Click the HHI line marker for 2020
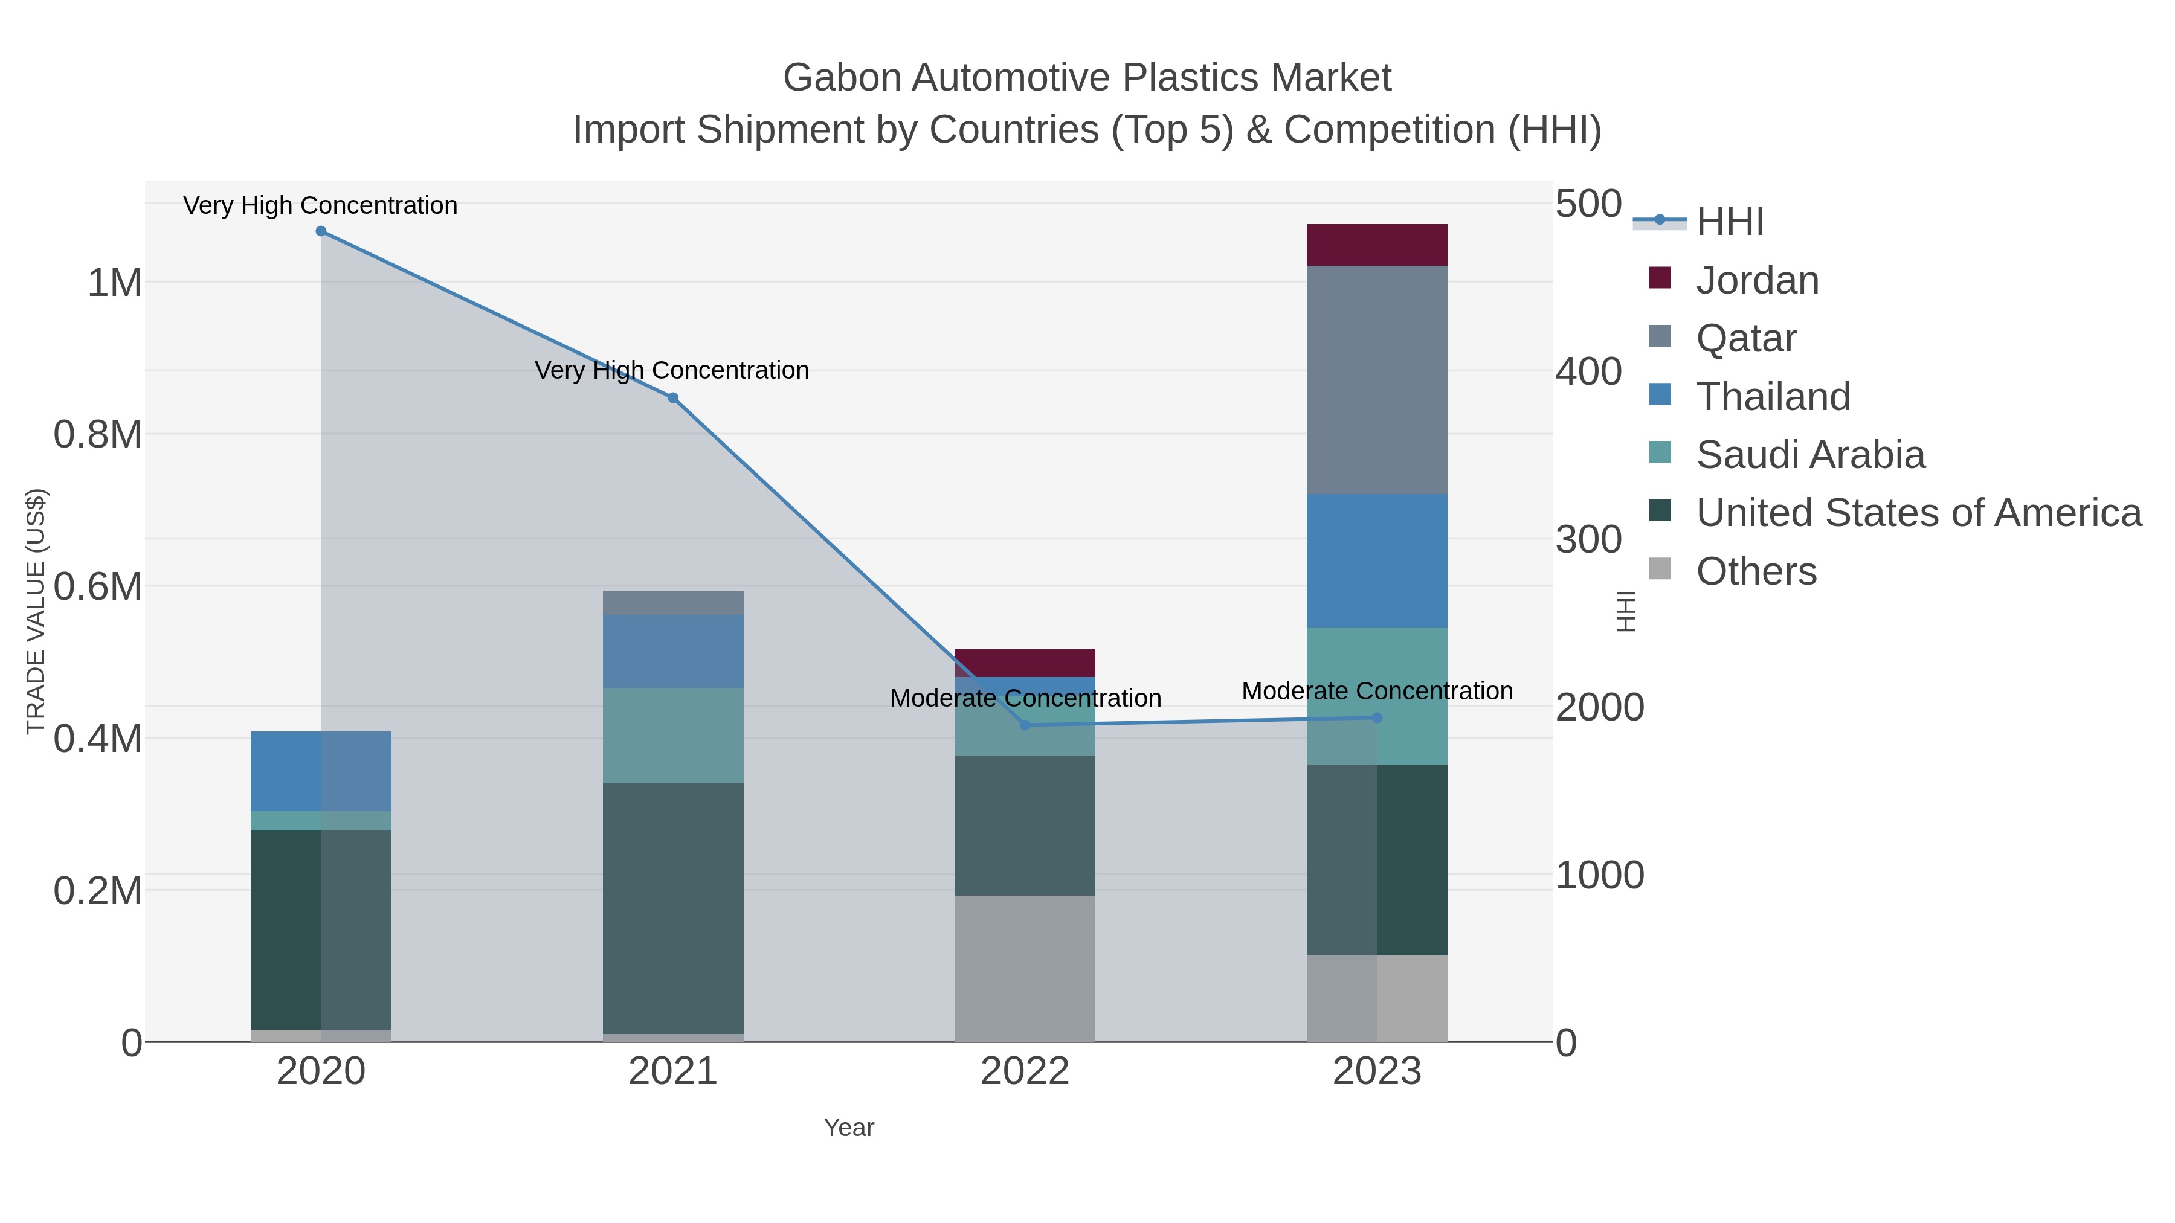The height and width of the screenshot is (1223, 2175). [321, 231]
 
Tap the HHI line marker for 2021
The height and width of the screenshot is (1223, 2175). [673, 397]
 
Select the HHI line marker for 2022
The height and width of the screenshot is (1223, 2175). [1025, 725]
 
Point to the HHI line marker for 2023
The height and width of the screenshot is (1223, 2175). [1377, 717]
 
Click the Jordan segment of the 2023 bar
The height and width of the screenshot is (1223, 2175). [1377, 245]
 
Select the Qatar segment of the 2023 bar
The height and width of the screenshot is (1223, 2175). [1377, 380]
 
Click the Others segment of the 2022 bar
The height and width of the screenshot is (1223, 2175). [1025, 968]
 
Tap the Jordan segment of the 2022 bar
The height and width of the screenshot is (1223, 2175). [1025, 663]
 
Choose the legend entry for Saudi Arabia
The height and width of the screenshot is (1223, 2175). [1809, 455]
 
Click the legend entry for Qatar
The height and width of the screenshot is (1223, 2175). [1745, 338]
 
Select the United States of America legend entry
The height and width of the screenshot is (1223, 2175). [1916, 513]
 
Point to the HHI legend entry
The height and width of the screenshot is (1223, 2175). [1729, 222]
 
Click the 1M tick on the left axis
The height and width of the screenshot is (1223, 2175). [115, 283]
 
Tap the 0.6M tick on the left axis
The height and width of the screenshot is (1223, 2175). [98, 586]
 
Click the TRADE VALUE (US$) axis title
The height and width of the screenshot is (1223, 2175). [36, 611]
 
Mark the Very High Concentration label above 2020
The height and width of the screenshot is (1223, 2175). [321, 206]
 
